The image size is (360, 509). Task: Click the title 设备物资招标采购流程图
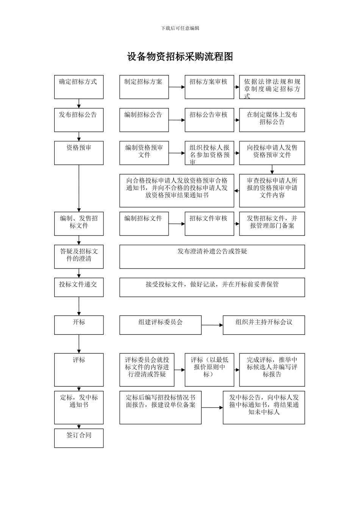pyautogui.click(x=180, y=57)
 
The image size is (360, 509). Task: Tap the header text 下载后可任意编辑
pyautogui.click(x=180, y=28)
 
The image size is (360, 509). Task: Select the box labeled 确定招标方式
pyautogui.click(x=79, y=87)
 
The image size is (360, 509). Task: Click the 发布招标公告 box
pyautogui.click(x=79, y=120)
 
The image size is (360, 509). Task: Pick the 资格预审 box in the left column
pyautogui.click(x=79, y=153)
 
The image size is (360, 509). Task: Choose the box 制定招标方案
pyautogui.click(x=144, y=87)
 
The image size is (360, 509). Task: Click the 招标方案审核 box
pyautogui.click(x=209, y=87)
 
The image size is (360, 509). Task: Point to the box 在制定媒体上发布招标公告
pyautogui.click(x=272, y=120)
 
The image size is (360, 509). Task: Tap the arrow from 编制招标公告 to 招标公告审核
pyautogui.click(x=177, y=120)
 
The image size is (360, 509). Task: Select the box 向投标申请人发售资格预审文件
pyautogui.click(x=272, y=153)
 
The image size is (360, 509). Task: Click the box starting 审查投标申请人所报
pyautogui.click(x=272, y=190)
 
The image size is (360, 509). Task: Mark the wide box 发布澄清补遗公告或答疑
pyautogui.click(x=212, y=256)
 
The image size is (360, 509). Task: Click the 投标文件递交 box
pyautogui.click(x=79, y=287)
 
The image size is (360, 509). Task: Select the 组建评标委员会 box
pyautogui.click(x=160, y=325)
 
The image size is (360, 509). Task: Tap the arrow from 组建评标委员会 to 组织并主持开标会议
pyautogui.click(x=212, y=325)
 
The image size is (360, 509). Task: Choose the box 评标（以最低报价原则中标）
pyautogui.click(x=209, y=370)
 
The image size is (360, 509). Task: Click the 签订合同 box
pyautogui.click(x=79, y=438)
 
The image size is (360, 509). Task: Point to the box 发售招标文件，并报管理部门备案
pyautogui.click(x=272, y=224)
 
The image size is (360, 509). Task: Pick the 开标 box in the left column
pyautogui.click(x=79, y=325)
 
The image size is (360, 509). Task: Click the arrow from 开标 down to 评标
pyautogui.click(x=79, y=344)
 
